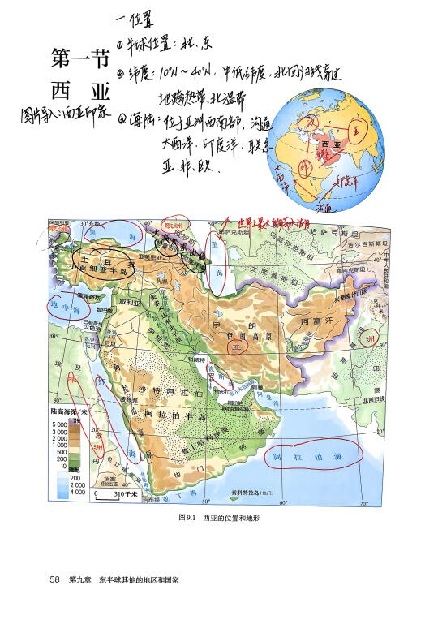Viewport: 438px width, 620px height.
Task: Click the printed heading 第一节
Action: tap(79, 58)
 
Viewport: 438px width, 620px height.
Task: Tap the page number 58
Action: tap(55, 580)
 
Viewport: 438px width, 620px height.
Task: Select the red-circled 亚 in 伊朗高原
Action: tap(237, 347)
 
